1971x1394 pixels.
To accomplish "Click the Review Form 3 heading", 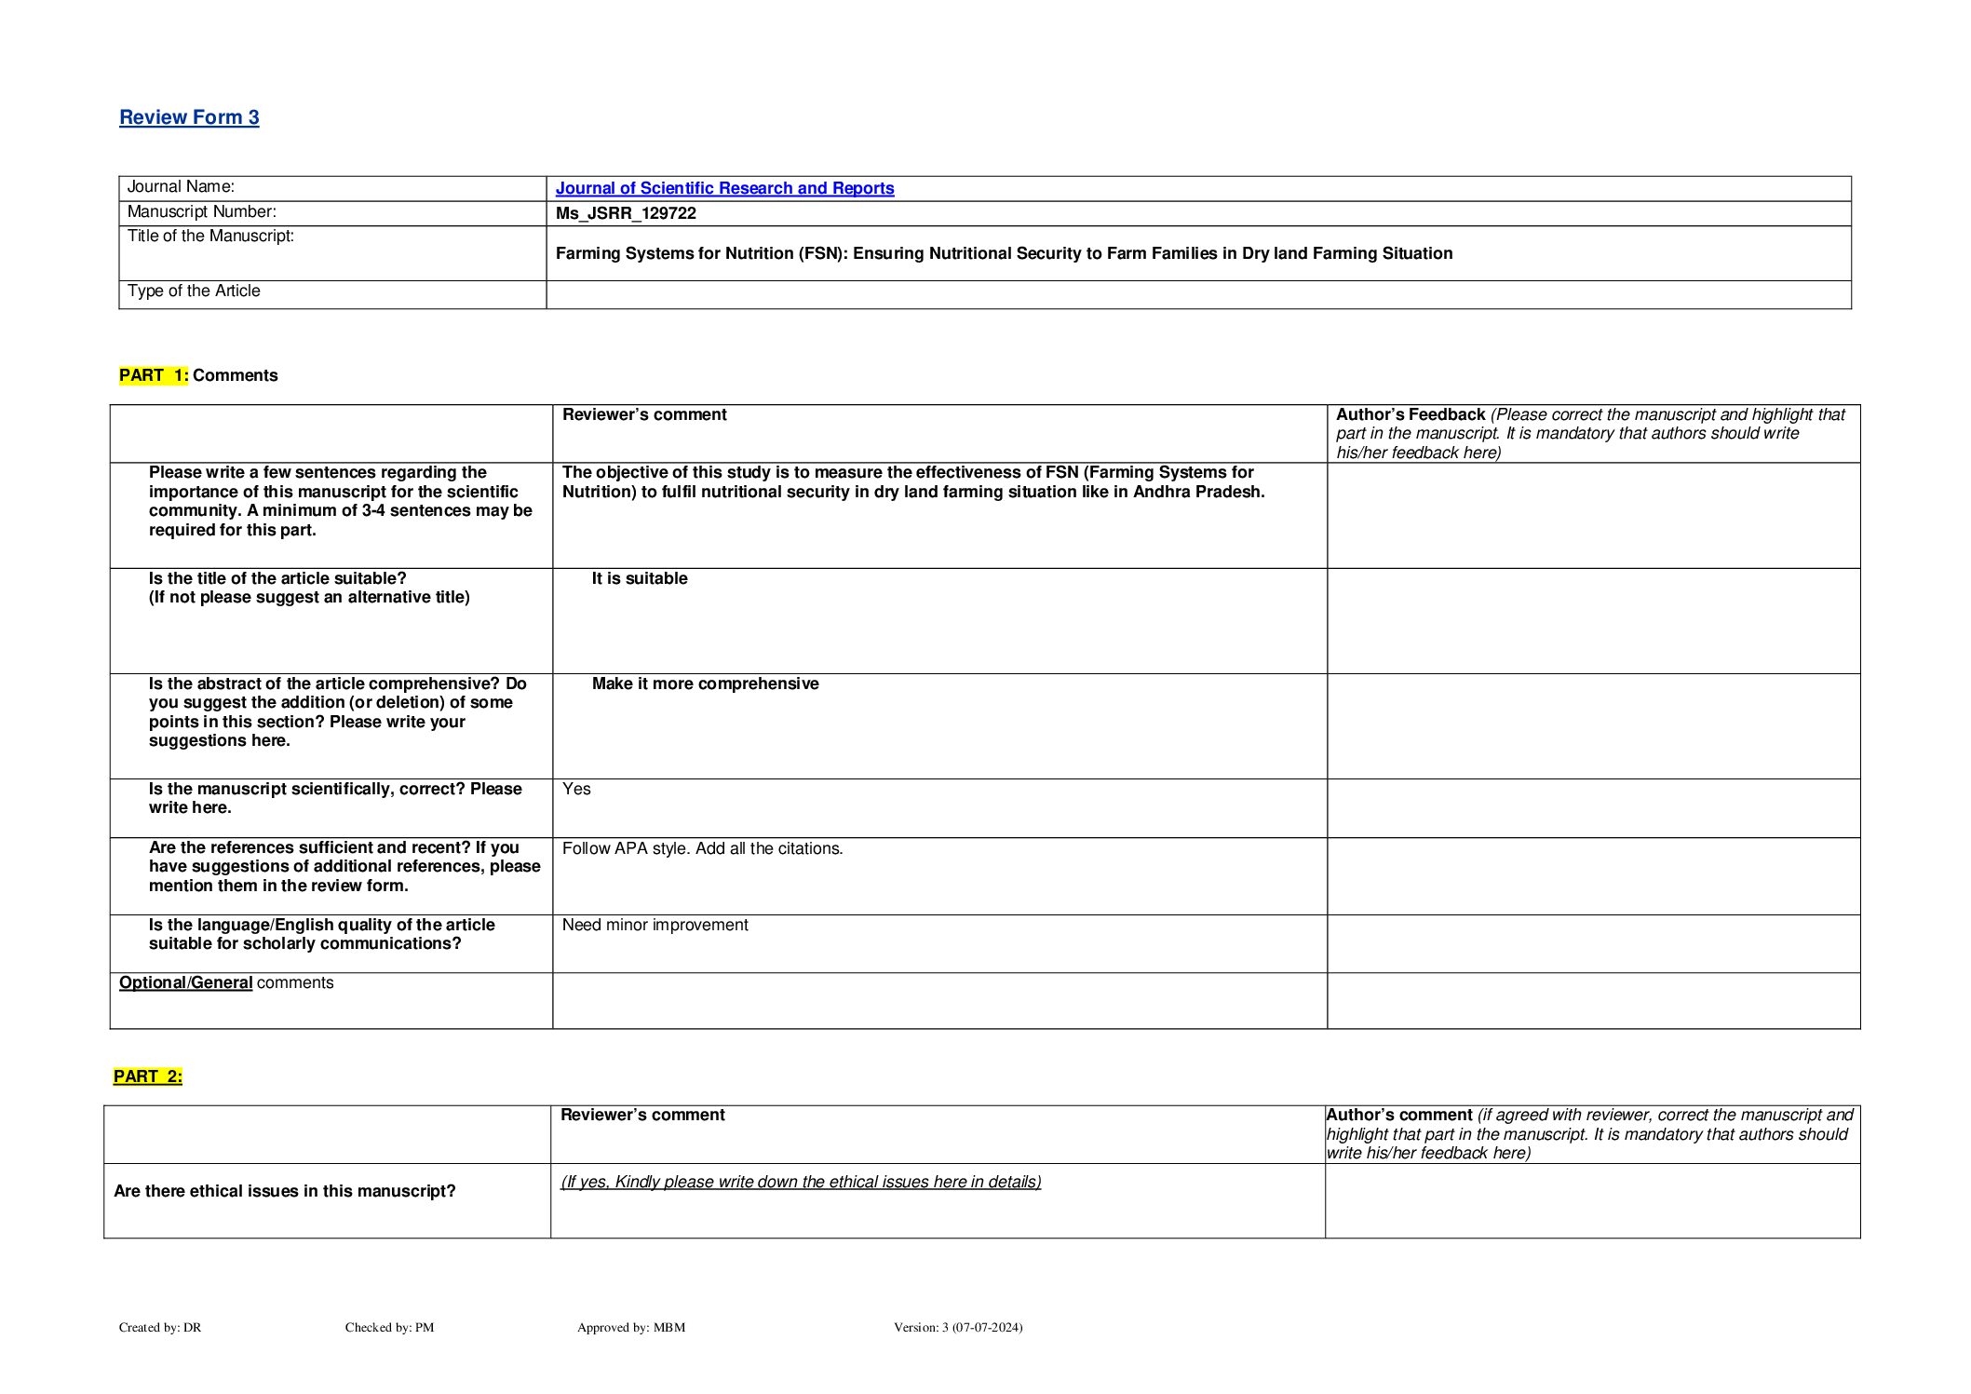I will tap(189, 117).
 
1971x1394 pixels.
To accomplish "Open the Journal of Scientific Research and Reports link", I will tap(724, 188).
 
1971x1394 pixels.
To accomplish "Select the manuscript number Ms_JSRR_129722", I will tap(626, 213).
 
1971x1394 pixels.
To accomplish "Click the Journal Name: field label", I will tap(181, 187).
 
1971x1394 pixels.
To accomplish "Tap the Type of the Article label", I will tap(194, 291).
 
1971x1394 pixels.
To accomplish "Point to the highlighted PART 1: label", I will tap(154, 375).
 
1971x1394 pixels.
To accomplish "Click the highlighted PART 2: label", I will tap(148, 1076).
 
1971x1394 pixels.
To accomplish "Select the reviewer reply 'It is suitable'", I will tap(640, 578).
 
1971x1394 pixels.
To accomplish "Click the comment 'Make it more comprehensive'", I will tap(705, 683).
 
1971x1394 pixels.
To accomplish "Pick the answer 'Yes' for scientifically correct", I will tap(576, 789).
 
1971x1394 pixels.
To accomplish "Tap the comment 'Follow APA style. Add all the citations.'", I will tap(702, 848).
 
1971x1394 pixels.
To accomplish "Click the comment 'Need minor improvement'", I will tap(655, 925).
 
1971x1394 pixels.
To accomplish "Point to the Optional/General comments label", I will tap(226, 982).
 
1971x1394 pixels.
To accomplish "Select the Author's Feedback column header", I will tap(1410, 415).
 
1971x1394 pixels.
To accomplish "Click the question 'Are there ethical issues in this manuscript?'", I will tap(285, 1191).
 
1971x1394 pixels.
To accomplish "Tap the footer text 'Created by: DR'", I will tap(160, 1327).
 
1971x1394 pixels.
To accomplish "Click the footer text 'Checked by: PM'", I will tap(389, 1327).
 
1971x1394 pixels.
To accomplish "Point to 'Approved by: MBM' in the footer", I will tap(631, 1327).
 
